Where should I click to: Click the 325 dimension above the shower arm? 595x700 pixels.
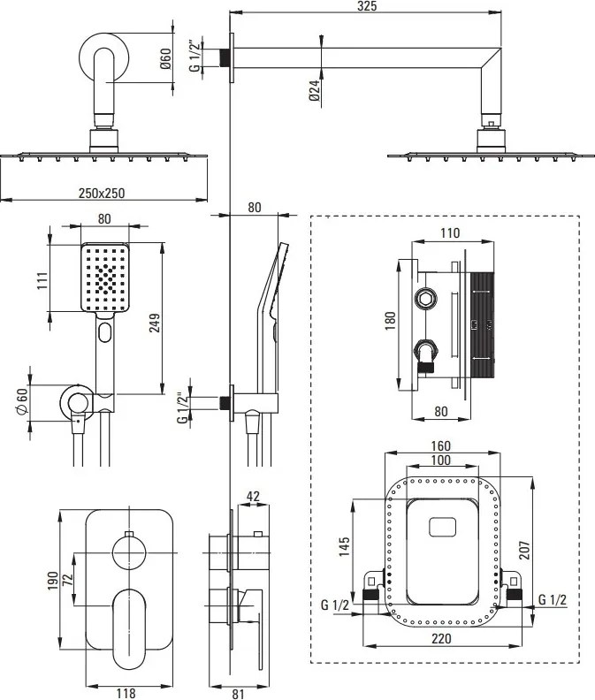(367, 6)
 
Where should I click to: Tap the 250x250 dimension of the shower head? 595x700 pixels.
(102, 194)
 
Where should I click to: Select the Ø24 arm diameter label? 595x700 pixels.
(315, 90)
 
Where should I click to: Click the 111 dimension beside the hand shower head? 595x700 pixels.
(42, 280)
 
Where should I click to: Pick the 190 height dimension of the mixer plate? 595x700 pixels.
(53, 581)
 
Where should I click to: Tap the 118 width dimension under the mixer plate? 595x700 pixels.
(126, 693)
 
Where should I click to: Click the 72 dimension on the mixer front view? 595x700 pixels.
(67, 580)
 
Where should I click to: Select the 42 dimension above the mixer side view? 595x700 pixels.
(253, 497)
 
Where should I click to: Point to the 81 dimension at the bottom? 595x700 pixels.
(239, 693)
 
